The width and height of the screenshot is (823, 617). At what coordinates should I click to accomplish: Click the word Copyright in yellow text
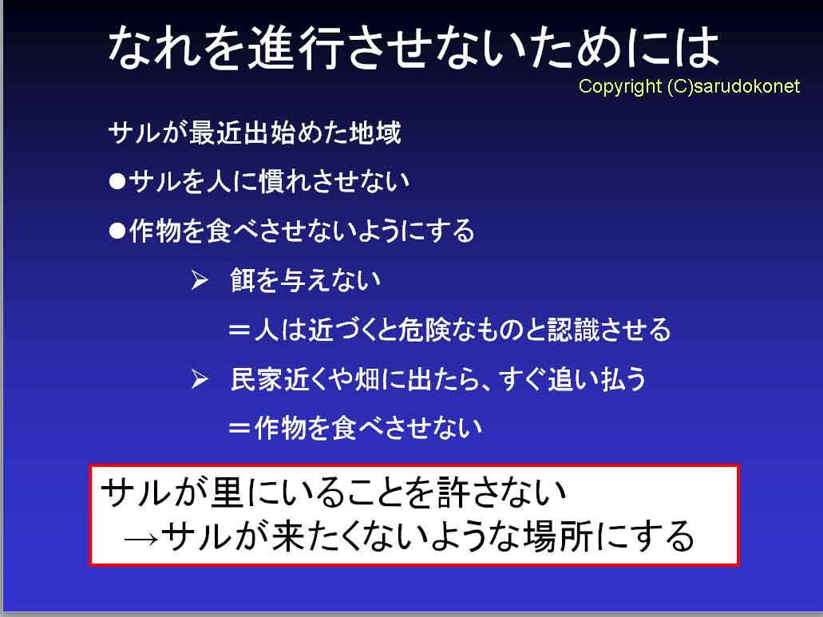[x=620, y=86]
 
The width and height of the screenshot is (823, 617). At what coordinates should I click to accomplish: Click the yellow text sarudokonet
[x=746, y=86]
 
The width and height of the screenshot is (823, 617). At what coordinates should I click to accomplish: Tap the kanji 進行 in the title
[x=296, y=47]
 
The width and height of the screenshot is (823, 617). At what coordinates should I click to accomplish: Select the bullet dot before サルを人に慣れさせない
[x=117, y=181]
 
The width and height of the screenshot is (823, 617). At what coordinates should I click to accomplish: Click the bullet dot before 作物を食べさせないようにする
[x=117, y=231]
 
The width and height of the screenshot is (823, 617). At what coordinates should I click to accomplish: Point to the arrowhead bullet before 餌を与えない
[x=200, y=279]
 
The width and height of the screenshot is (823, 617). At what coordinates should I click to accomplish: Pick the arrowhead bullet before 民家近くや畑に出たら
[x=200, y=378]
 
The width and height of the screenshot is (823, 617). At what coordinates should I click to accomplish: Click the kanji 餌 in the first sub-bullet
[x=243, y=279]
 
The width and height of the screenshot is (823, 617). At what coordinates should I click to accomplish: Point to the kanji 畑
[x=367, y=378]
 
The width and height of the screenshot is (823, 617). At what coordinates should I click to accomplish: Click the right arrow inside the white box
[x=141, y=539]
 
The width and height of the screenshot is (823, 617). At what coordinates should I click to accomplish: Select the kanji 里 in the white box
[x=227, y=492]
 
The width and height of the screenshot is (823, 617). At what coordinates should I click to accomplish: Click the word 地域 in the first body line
[x=375, y=132]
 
